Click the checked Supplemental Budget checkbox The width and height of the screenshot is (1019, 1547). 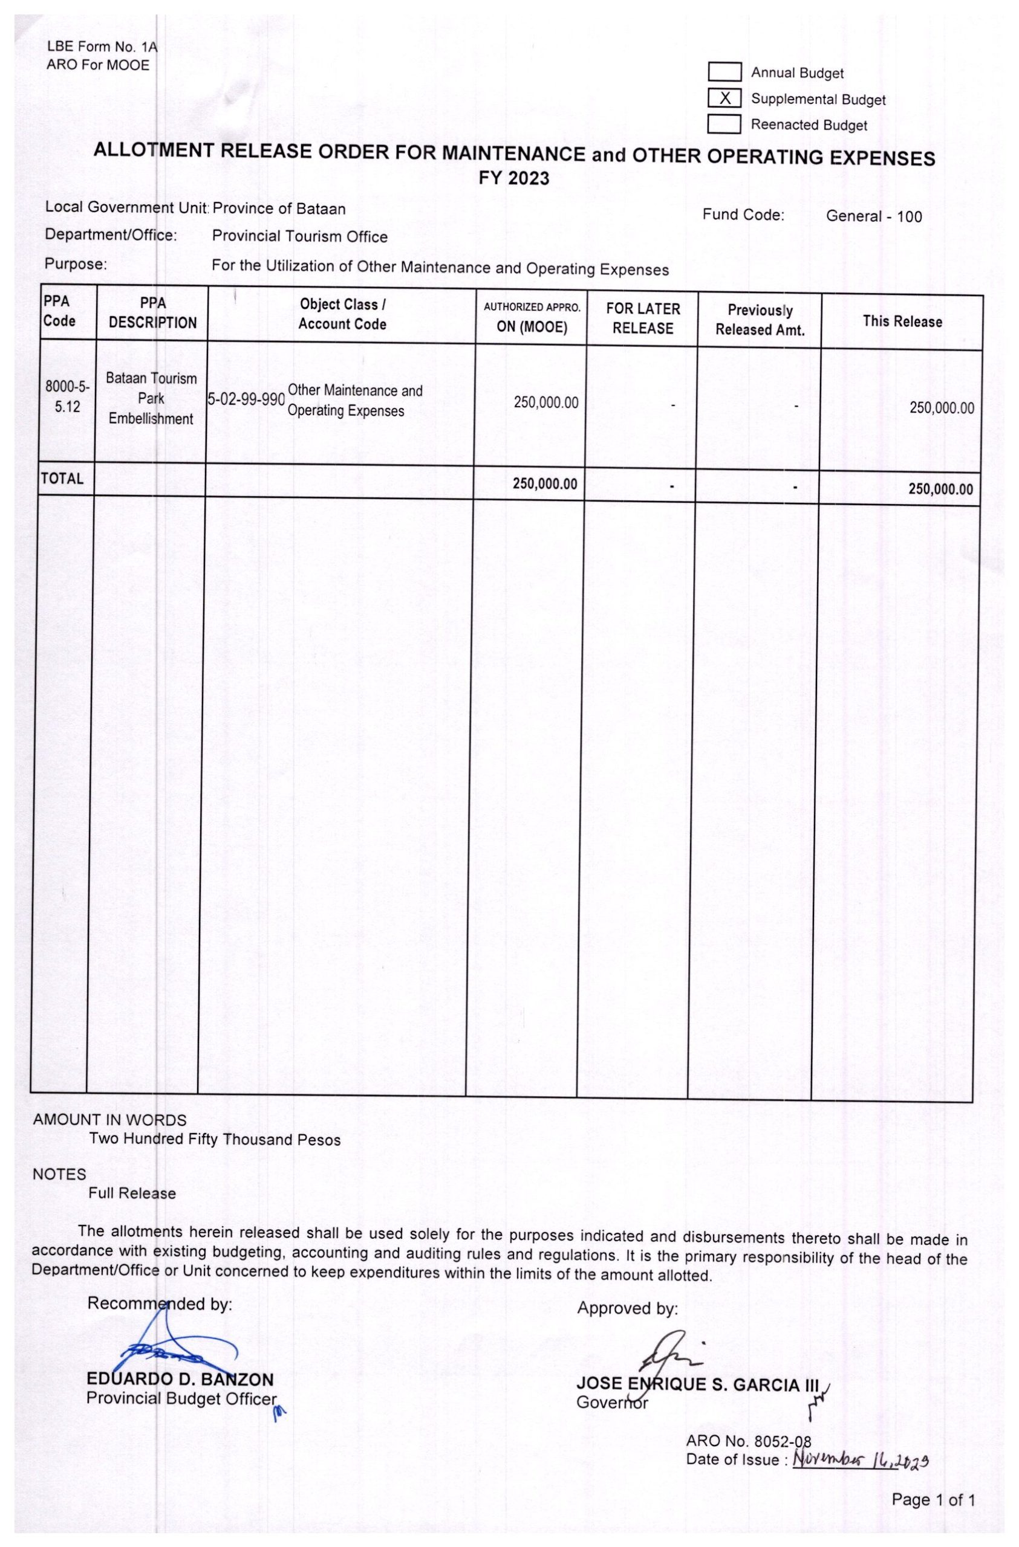click(x=724, y=98)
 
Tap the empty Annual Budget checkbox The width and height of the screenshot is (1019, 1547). click(x=724, y=72)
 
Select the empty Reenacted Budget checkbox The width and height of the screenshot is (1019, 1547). click(x=724, y=123)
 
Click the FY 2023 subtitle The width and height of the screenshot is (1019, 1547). click(x=513, y=178)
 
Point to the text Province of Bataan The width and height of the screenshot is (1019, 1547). click(x=279, y=208)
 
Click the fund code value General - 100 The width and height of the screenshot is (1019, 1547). click(x=873, y=216)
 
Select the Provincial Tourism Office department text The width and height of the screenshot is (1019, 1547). click(x=299, y=237)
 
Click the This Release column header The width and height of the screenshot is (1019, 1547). click(x=902, y=321)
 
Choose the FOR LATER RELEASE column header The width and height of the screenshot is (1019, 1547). click(x=642, y=318)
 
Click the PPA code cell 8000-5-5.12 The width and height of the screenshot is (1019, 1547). click(x=67, y=396)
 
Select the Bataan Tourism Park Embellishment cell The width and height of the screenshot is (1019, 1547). click(x=151, y=398)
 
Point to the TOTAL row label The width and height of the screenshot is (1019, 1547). click(x=62, y=479)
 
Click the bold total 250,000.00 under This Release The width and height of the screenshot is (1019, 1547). click(x=940, y=489)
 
